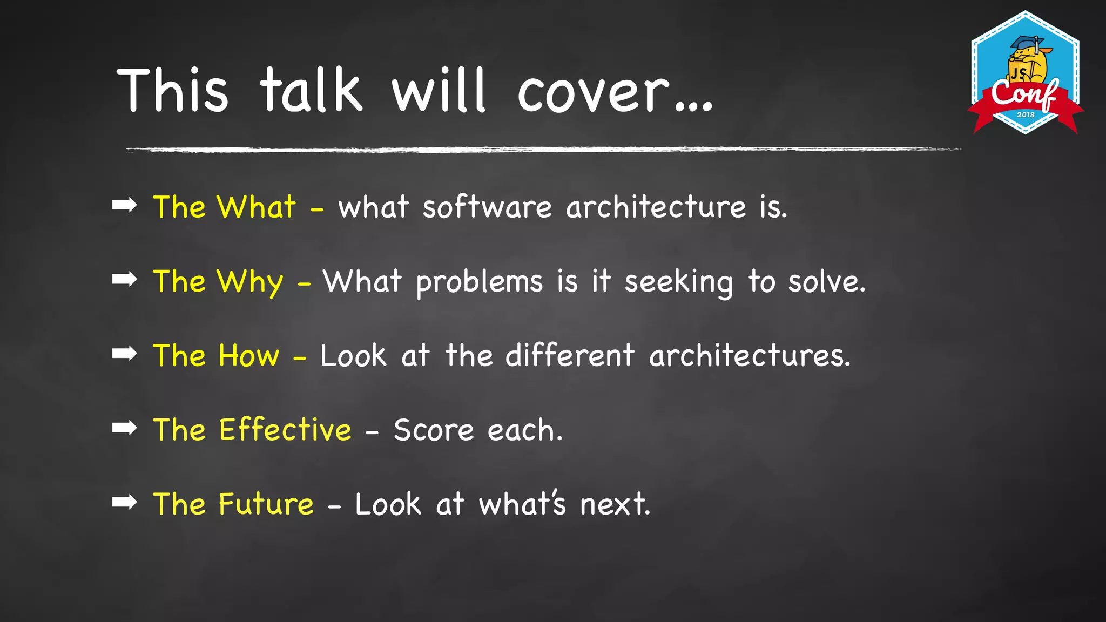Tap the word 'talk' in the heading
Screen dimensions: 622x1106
point(311,91)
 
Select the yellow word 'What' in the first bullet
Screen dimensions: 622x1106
point(257,207)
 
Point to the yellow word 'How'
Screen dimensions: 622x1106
point(249,356)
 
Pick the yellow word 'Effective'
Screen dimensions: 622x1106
point(285,430)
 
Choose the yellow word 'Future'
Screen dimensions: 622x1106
point(266,505)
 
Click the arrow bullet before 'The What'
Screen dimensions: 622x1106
point(125,205)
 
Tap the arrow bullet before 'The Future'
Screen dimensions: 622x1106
point(125,502)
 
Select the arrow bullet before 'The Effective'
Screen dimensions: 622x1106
point(125,428)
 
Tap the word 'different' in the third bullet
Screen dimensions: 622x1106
point(570,356)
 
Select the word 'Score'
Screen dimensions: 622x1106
point(434,431)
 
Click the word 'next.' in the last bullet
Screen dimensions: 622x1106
point(615,505)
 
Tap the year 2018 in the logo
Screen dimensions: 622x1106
point(1026,114)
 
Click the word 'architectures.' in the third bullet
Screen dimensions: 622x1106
point(750,356)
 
